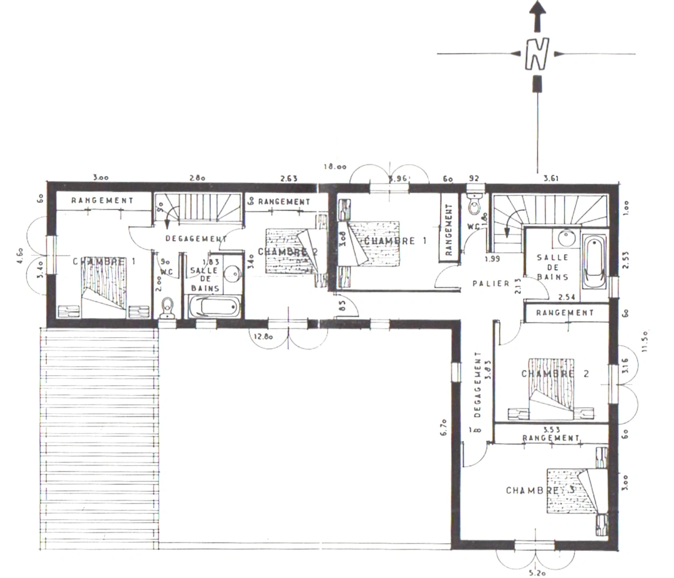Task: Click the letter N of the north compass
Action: [x=536, y=54]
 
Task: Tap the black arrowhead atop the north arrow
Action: [x=537, y=9]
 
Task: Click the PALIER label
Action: [x=491, y=283]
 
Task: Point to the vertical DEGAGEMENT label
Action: [x=478, y=384]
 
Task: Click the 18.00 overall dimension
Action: [x=335, y=166]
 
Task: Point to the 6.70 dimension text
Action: [x=444, y=428]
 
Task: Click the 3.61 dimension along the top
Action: [x=551, y=178]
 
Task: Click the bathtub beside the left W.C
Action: [x=214, y=307]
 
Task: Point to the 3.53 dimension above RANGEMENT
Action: [x=551, y=430]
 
